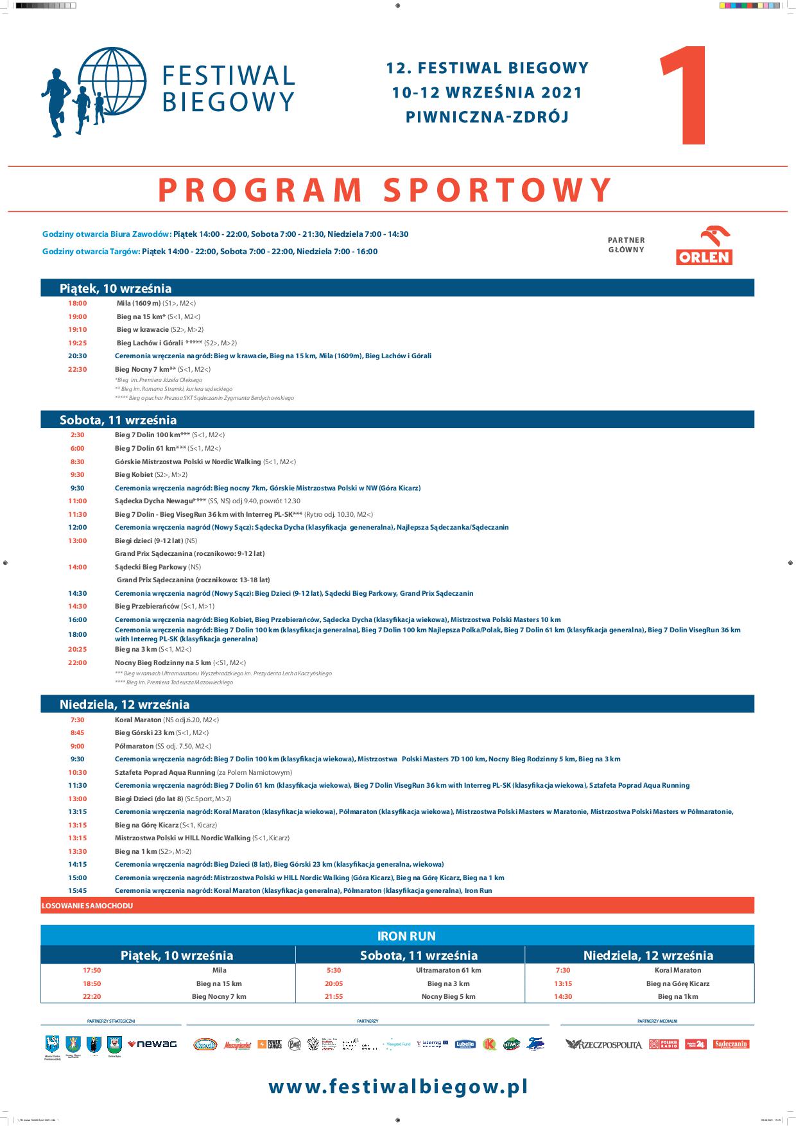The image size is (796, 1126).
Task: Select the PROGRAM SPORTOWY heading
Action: [385, 189]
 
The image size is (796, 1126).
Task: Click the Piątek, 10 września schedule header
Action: [116, 288]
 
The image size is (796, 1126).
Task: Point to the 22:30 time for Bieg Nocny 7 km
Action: [78, 369]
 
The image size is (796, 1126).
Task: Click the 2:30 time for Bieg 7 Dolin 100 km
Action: [77, 435]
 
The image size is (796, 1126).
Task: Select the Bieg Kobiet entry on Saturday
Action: [134, 474]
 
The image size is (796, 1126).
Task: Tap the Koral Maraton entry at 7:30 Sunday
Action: [138, 720]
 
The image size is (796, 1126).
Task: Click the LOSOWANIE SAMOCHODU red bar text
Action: [87, 905]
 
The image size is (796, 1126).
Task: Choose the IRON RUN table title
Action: [397, 936]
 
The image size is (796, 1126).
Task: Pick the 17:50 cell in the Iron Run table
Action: [92, 970]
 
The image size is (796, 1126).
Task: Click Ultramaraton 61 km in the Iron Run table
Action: [448, 970]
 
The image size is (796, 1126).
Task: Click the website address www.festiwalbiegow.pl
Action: [398, 1086]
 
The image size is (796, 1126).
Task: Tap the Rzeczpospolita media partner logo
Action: [603, 1044]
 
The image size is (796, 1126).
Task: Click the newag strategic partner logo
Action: [152, 1044]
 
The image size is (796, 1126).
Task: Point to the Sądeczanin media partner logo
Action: [731, 1044]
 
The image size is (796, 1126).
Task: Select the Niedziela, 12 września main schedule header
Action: [125, 704]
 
